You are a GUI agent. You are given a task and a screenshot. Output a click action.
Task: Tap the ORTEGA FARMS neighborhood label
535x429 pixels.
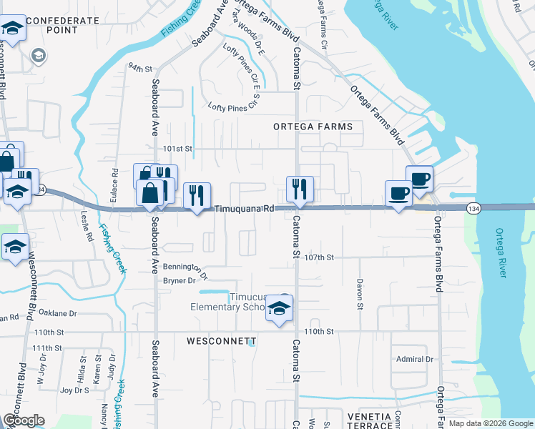click(x=313, y=127)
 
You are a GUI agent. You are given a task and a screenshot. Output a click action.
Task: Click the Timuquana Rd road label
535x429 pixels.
click(x=245, y=209)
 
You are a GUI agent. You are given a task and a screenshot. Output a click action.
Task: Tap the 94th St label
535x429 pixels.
click(x=141, y=69)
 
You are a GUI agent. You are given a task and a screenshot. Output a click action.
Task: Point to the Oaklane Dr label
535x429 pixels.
click(x=57, y=313)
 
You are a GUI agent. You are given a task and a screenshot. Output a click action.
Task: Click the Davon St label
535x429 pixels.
click(x=360, y=294)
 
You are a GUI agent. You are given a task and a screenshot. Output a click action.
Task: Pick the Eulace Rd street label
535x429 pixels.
click(x=114, y=182)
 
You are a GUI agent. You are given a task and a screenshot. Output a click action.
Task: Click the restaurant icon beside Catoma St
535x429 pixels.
click(x=299, y=189)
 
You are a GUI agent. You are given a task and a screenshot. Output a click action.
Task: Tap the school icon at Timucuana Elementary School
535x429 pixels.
click(x=279, y=309)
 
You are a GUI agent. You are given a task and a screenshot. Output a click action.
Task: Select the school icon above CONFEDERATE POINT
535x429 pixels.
click(x=12, y=29)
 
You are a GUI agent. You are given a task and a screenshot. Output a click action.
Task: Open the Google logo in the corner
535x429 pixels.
click(x=24, y=420)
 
